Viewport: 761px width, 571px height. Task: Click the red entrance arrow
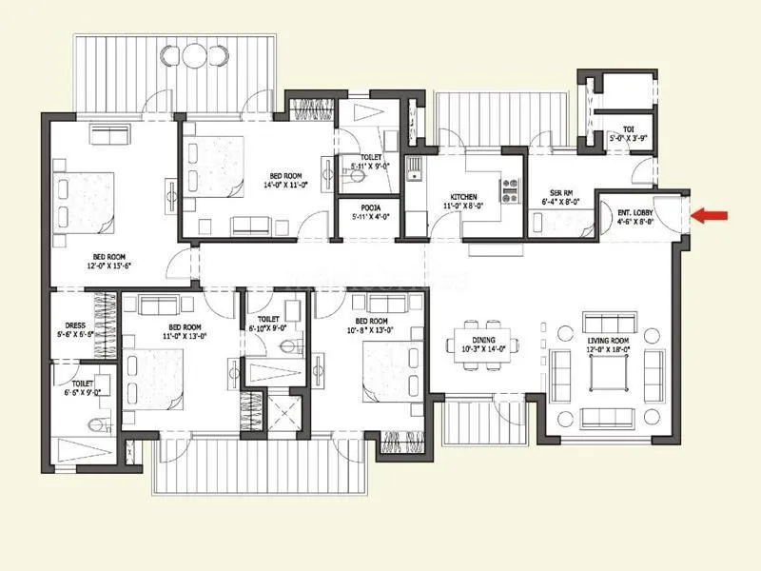[x=709, y=216]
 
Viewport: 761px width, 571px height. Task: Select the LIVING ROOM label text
[x=606, y=338]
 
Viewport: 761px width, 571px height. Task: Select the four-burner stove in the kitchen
[x=510, y=189]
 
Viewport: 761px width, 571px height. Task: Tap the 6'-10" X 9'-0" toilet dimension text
[x=267, y=328]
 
